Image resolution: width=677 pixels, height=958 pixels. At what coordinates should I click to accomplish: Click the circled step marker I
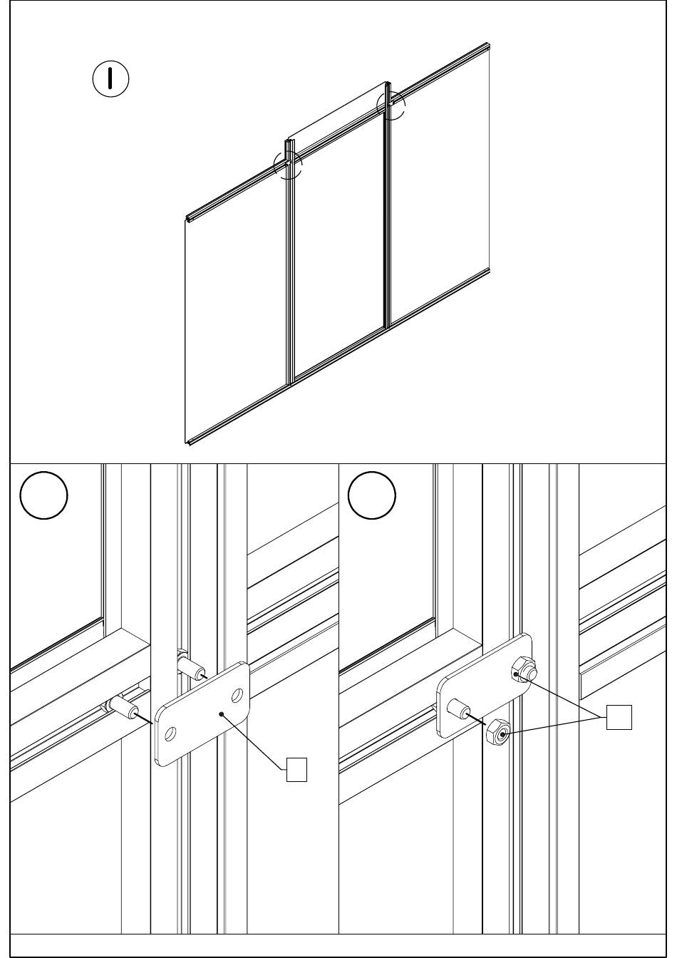click(x=110, y=78)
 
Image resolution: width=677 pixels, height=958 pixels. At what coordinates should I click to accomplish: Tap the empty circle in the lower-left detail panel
click(x=43, y=495)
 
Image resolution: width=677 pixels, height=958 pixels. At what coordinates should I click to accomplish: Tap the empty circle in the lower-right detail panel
click(x=372, y=495)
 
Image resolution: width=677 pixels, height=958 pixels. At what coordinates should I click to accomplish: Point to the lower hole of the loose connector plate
click(x=170, y=735)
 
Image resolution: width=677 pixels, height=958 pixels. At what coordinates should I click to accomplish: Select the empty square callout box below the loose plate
click(x=296, y=770)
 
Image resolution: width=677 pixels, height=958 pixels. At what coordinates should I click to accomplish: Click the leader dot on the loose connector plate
click(x=221, y=714)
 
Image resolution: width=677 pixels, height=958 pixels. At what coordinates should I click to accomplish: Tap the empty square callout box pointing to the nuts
click(x=619, y=717)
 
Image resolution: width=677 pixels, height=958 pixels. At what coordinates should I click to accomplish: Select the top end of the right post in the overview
click(x=388, y=83)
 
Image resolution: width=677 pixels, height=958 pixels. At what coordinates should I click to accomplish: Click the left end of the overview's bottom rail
click(x=187, y=441)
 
